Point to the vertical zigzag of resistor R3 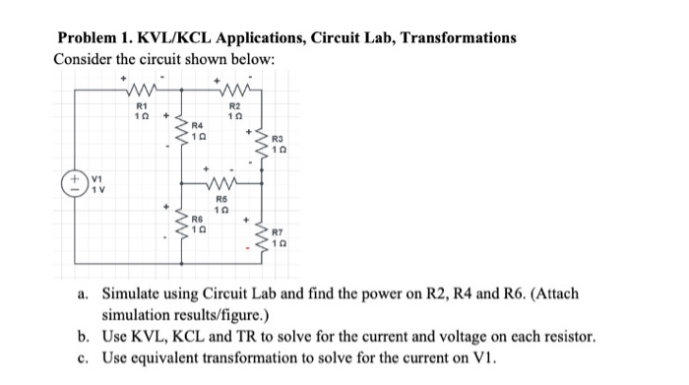pyautogui.click(x=264, y=146)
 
